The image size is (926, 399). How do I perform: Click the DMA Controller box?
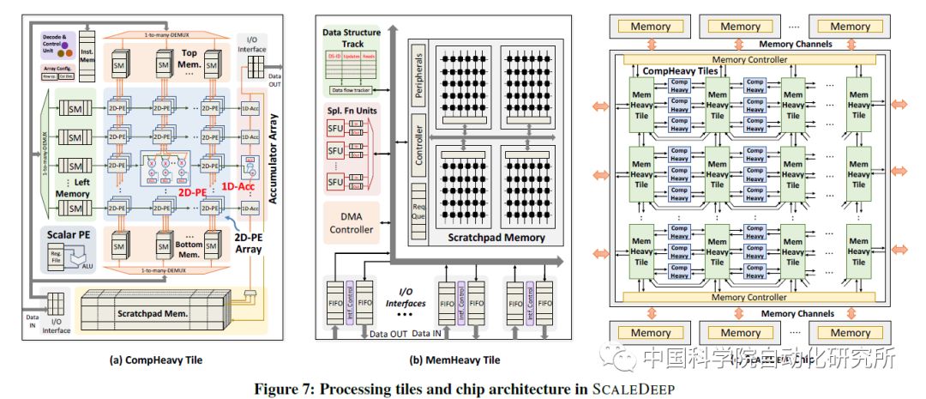pyautogui.click(x=351, y=223)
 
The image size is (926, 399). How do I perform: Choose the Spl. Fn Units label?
pyautogui.click(x=351, y=111)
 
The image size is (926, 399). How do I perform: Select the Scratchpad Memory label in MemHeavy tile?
pyautogui.click(x=485, y=237)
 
